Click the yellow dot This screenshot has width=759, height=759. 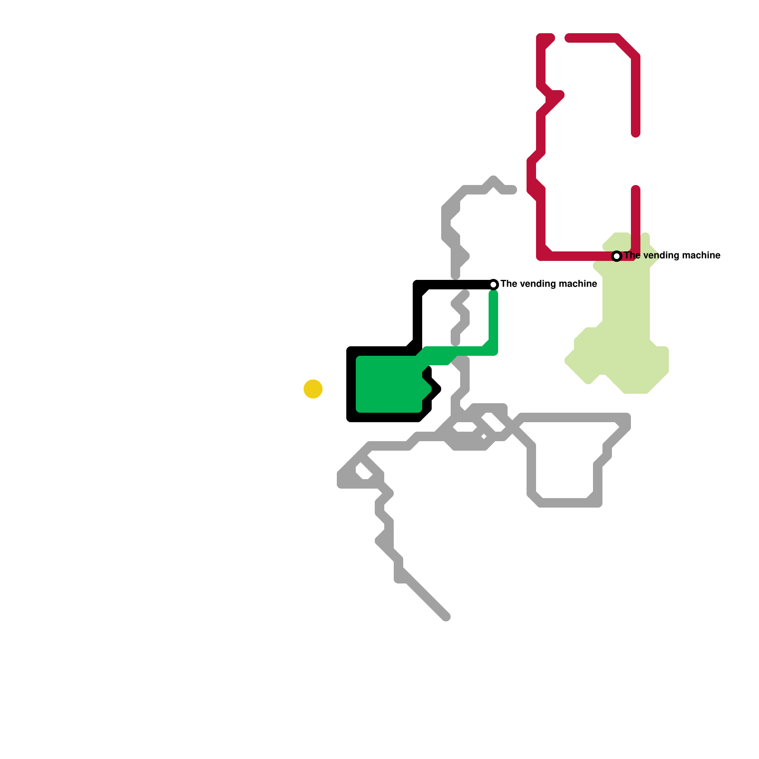pyautogui.click(x=313, y=389)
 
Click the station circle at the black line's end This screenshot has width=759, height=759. pyautogui.click(x=493, y=285)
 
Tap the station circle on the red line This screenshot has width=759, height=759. pyautogui.click(x=617, y=256)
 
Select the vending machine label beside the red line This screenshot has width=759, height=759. pyautogui.click(x=672, y=256)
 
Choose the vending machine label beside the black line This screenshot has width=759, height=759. pyautogui.click(x=549, y=284)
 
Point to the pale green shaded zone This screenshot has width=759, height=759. pyautogui.click(x=626, y=332)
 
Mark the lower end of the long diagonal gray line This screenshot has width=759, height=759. pyautogui.click(x=446, y=617)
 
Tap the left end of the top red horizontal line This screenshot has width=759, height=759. pyautogui.click(x=568, y=38)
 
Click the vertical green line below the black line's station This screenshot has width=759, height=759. pyautogui.click(x=493, y=323)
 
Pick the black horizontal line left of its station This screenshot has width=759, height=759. pyautogui.click(x=455, y=285)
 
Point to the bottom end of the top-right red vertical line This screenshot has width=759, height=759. pyautogui.click(x=636, y=134)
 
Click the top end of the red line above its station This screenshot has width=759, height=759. pyautogui.click(x=636, y=189)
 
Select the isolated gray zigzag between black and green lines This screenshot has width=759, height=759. pyautogui.click(x=460, y=318)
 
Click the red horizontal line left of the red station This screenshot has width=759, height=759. pyautogui.click(x=579, y=256)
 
